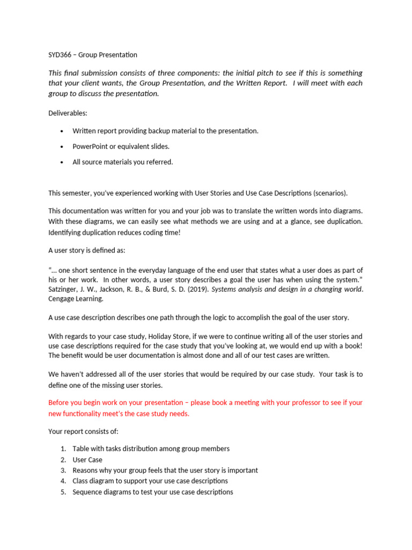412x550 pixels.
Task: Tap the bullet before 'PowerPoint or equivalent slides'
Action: tap(63, 147)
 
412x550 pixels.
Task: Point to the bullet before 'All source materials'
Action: tap(63, 162)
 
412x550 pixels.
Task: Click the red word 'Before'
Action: tap(60, 403)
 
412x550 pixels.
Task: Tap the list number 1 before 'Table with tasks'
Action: tap(63, 449)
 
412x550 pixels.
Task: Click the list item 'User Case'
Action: tap(87, 460)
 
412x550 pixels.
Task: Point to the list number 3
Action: tap(63, 471)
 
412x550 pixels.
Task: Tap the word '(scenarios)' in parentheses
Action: tap(330, 193)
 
